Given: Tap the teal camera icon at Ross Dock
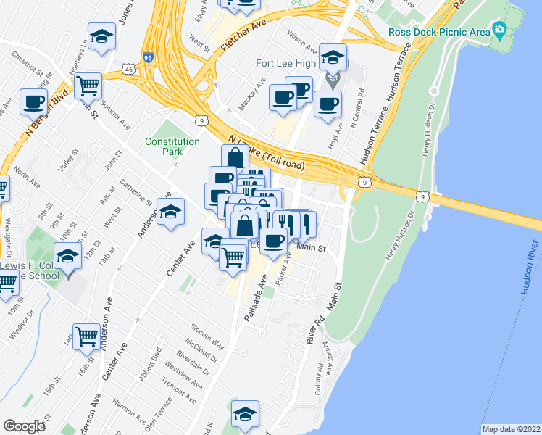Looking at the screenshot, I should pyautogui.click(x=499, y=30).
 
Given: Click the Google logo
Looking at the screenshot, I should pyautogui.click(x=24, y=426).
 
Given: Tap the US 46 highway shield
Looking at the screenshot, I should pyautogui.click(x=128, y=69).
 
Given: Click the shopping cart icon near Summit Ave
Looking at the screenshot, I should pyautogui.click(x=88, y=86).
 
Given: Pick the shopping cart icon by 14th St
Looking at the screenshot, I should pyautogui.click(x=86, y=335).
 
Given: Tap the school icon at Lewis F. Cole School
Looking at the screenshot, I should pyautogui.click(x=67, y=257).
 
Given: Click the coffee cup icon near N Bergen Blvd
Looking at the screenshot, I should pyautogui.click(x=33, y=101).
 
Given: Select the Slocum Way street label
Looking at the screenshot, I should pyautogui.click(x=208, y=333).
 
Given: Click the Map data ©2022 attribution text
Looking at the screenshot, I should pyautogui.click(x=512, y=429).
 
